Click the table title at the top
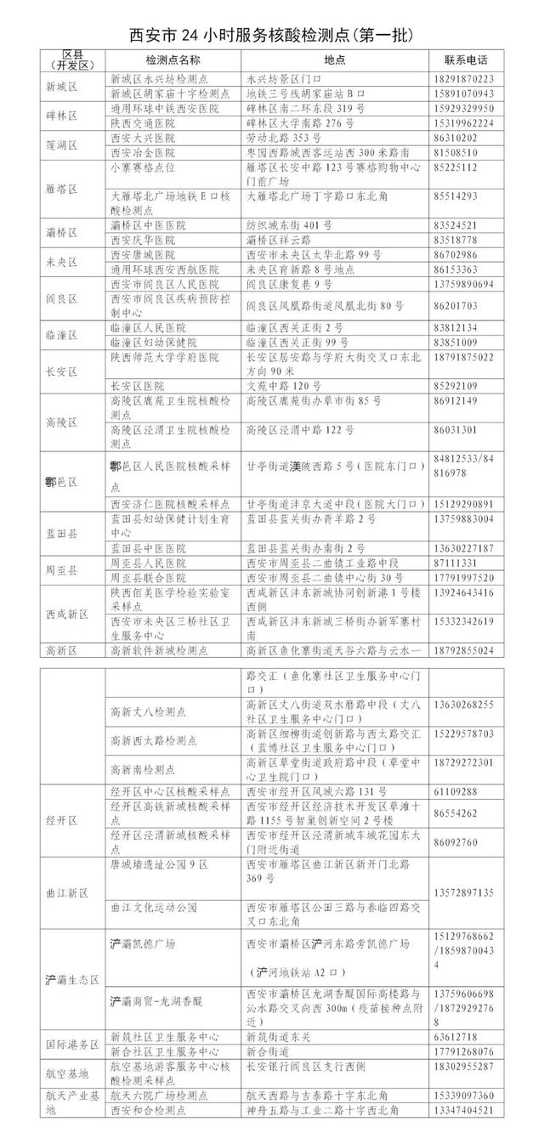point(272,35)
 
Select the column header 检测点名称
point(173,61)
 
